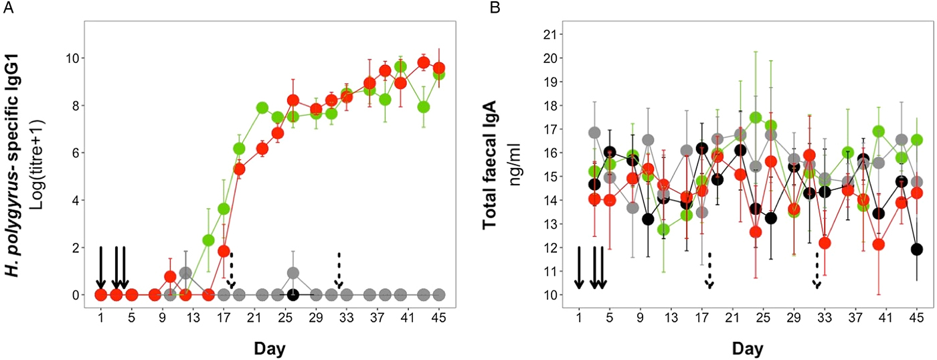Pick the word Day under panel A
click(x=270, y=348)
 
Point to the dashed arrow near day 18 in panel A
click(x=232, y=271)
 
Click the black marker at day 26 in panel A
click(x=292, y=294)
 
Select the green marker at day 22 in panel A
click(x=262, y=108)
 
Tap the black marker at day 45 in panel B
click(x=917, y=250)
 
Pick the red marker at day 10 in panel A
click(x=170, y=276)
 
